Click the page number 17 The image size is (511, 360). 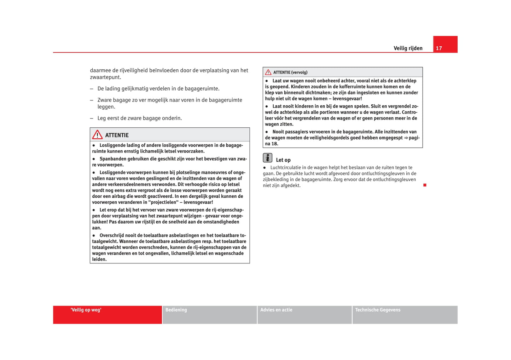tap(439, 48)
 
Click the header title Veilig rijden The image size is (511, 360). tap(408, 48)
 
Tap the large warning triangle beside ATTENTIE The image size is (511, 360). tap(97, 135)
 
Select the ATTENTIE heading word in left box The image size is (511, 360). tap(117, 135)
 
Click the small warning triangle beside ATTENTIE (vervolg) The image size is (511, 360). tap(268, 72)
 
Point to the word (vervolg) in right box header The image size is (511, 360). tap(299, 72)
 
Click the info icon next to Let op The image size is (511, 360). tap(268, 158)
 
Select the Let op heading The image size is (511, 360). tap(283, 160)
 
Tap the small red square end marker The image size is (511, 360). tap(425, 185)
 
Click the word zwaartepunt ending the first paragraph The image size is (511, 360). tap(105, 77)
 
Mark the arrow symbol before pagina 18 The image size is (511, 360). tap(406, 138)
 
